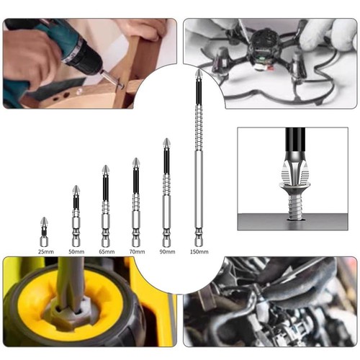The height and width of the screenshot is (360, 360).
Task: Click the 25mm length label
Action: tap(46, 252)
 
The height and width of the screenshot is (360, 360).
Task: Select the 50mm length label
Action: tap(76, 252)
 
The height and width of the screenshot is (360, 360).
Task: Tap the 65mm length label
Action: tap(107, 252)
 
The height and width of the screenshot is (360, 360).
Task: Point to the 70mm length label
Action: tap(137, 252)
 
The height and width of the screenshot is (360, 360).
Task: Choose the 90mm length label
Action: tap(167, 252)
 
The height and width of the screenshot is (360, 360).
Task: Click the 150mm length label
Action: tap(199, 252)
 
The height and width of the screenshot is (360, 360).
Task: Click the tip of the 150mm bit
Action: tap(198, 71)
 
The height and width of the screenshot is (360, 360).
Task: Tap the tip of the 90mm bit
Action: tap(166, 139)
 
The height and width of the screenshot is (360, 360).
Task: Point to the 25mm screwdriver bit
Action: tap(44, 232)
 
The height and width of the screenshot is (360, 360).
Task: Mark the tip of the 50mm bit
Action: tap(76, 186)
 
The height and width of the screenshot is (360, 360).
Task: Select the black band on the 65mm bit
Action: tap(106, 188)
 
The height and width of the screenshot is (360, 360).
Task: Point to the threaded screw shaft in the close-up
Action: tap(295, 206)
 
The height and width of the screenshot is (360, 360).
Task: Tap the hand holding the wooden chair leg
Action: tap(144, 29)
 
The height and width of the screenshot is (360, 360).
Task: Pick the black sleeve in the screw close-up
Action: tap(295, 142)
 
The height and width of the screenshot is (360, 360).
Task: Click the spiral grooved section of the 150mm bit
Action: tap(199, 128)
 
